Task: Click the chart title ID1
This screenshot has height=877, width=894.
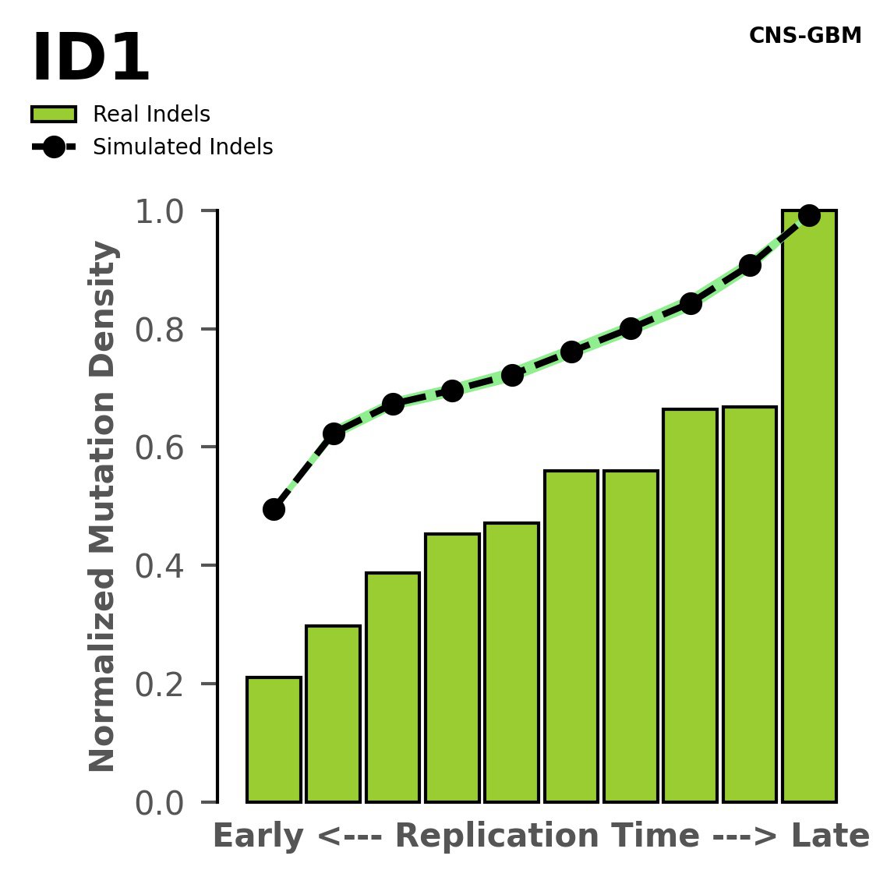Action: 90,59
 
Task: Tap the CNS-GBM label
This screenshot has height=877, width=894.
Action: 804,36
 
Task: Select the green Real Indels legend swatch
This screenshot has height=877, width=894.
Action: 54,115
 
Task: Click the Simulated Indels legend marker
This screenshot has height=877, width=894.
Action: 54,147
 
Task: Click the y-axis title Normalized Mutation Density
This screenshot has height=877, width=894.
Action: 103,506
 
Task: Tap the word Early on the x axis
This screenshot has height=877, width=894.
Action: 258,836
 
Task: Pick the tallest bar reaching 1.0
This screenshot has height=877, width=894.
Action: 809,507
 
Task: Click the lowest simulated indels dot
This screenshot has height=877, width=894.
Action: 274,509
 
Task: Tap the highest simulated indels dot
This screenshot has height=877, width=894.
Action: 809,215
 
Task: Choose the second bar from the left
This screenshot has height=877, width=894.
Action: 333,713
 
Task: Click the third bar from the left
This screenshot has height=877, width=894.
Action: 393,687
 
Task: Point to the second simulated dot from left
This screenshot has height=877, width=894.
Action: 334,433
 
